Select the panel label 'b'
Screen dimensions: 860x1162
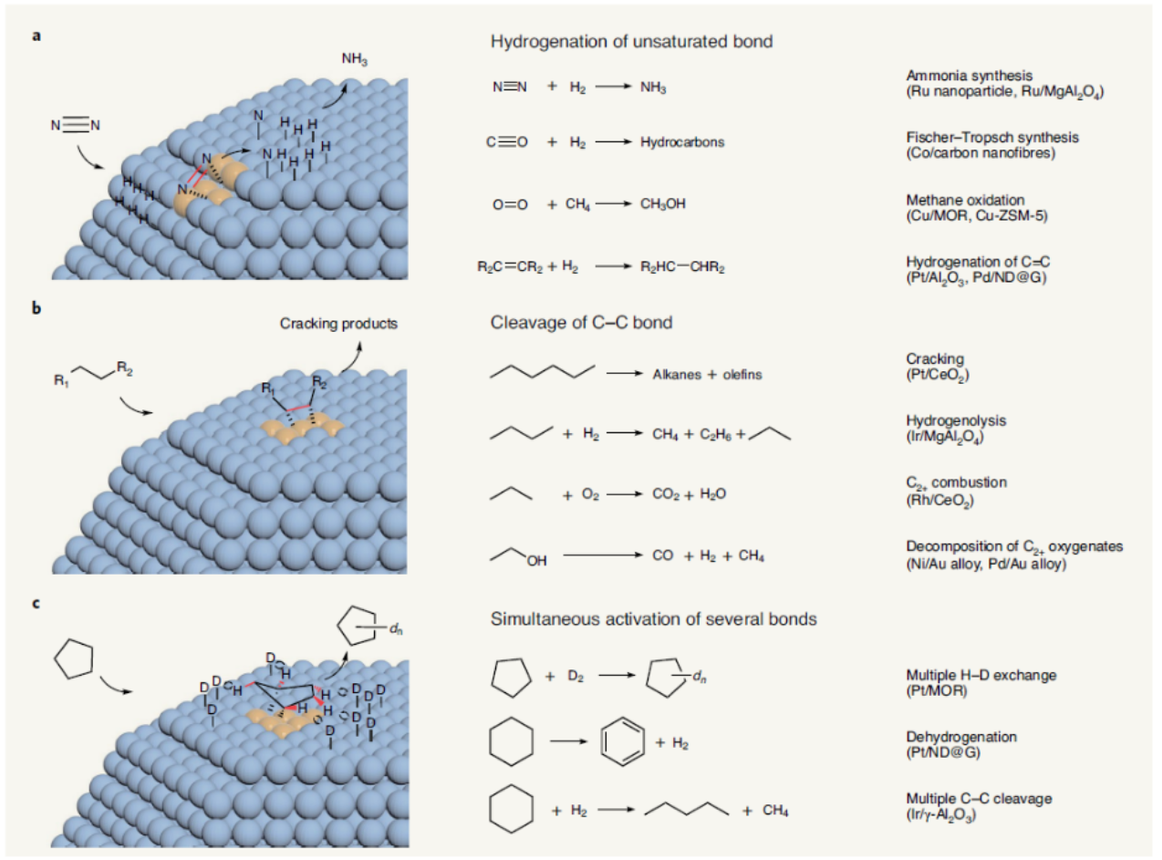coord(37,308)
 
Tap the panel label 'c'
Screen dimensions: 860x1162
coord(37,603)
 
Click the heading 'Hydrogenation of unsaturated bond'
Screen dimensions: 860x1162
coord(632,41)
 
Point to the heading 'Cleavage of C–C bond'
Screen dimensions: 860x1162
coord(582,322)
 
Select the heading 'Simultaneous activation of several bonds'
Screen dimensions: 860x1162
coord(653,619)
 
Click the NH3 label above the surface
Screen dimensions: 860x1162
coord(355,59)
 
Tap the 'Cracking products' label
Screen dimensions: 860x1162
coord(339,324)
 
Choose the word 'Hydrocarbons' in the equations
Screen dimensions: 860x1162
coord(682,142)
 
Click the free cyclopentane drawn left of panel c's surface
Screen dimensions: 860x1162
coord(74,659)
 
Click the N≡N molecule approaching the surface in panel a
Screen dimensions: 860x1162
coord(75,125)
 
